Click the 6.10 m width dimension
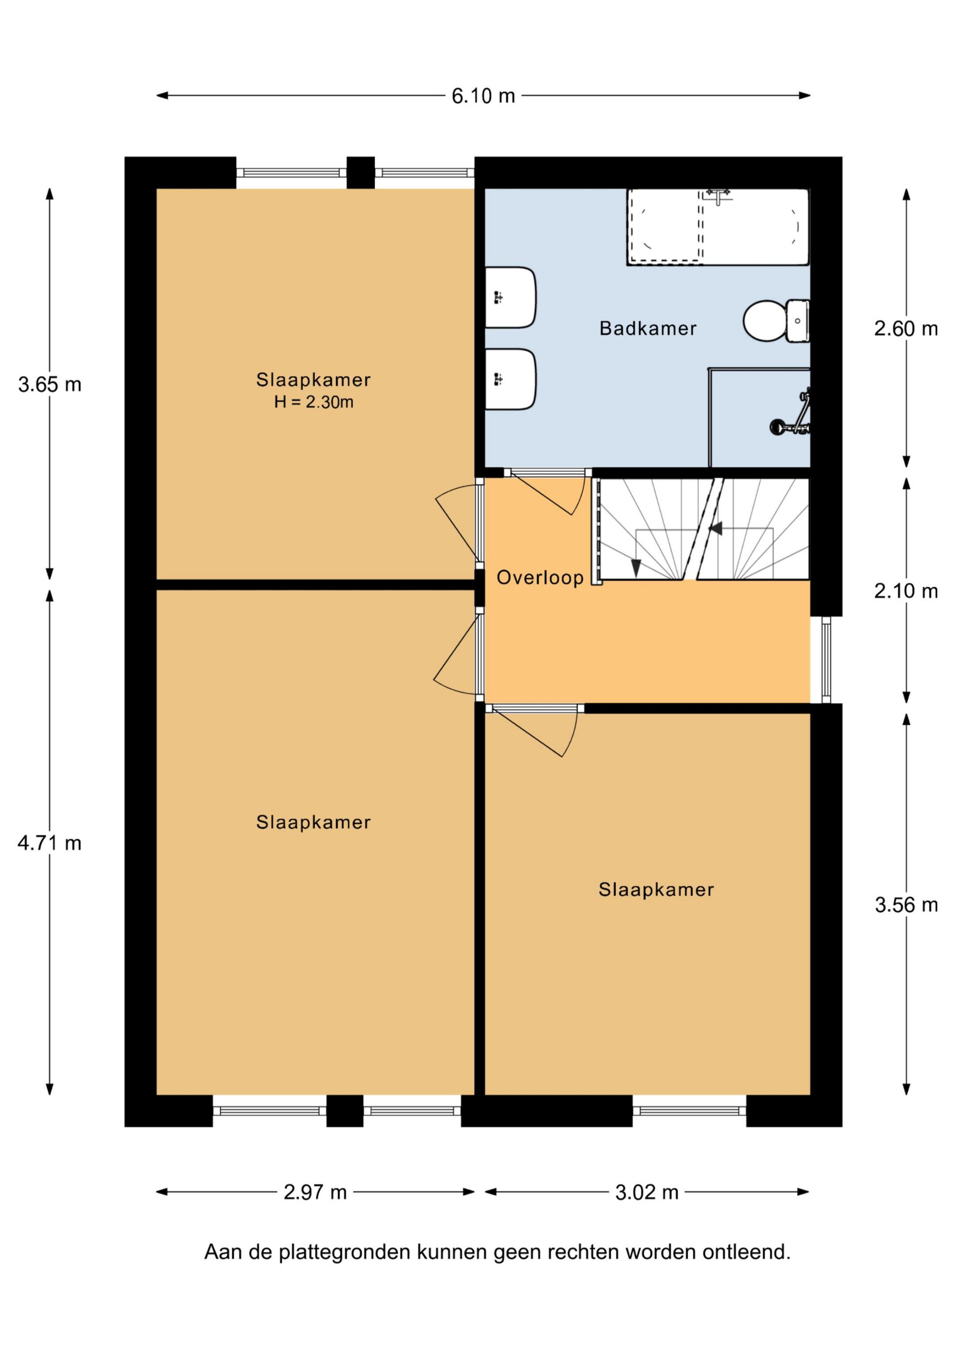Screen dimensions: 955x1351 click(483, 95)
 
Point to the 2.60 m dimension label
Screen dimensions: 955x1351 click(905, 328)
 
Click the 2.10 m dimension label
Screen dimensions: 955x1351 click(905, 591)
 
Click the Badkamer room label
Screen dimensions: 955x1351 click(648, 328)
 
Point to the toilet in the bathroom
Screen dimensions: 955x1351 click(776, 321)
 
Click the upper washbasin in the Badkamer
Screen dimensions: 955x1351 click(510, 297)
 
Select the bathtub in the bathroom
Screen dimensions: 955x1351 click(718, 227)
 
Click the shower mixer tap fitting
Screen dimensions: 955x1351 click(793, 414)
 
